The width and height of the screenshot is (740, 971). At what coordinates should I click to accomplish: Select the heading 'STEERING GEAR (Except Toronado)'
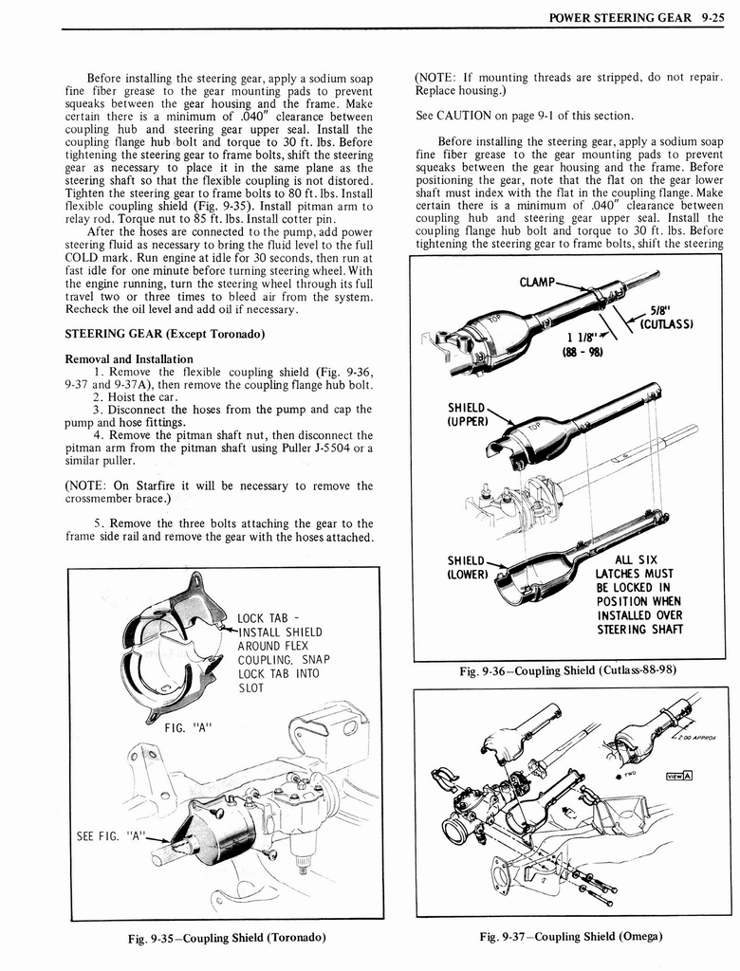(x=163, y=333)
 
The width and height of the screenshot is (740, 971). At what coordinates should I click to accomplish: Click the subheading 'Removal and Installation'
(x=128, y=359)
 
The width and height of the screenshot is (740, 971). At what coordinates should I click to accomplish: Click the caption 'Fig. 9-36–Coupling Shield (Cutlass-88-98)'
(x=568, y=671)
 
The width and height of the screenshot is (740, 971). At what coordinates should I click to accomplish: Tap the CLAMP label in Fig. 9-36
(x=536, y=282)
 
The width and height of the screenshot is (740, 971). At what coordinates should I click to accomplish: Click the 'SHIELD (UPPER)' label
(x=467, y=414)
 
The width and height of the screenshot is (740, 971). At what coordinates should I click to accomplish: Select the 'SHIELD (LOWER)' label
(x=467, y=566)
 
